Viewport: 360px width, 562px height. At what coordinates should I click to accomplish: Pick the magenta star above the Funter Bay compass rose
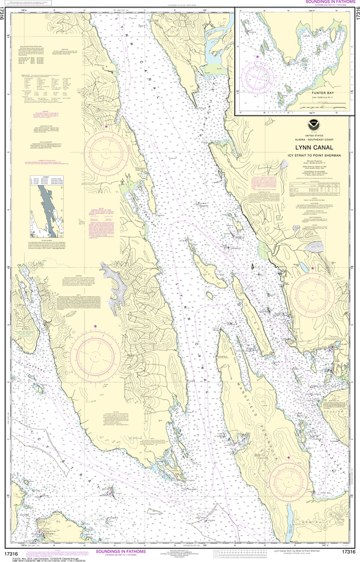coord(256,57)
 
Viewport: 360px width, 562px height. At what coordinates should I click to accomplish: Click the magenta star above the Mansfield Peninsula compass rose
coord(288,457)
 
